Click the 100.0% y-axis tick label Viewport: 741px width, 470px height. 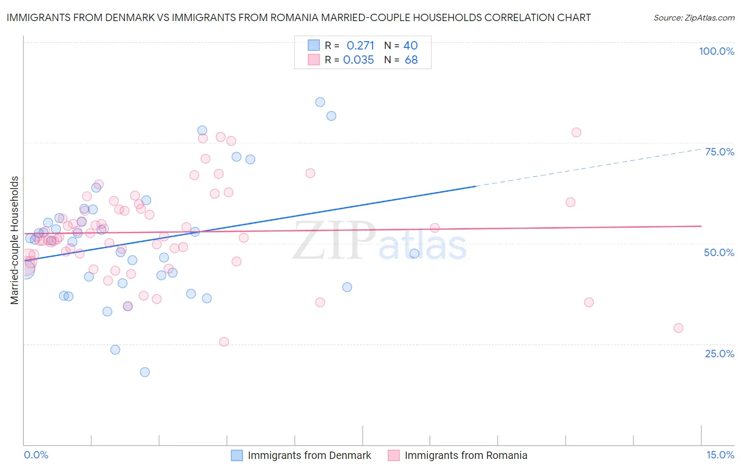716,51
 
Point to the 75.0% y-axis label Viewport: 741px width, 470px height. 719,152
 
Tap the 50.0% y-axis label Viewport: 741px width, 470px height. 719,252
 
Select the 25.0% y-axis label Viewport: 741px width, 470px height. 719,353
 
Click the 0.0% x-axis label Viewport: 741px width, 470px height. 36,455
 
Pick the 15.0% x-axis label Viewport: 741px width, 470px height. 720,455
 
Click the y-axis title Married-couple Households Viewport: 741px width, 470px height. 15,240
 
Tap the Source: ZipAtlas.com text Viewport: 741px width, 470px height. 694,17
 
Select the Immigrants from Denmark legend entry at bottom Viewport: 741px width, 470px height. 309,455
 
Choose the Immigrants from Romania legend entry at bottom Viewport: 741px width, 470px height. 465,455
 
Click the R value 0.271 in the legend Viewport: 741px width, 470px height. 360,45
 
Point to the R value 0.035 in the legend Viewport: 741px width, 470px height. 358,60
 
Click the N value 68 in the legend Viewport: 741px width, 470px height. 411,60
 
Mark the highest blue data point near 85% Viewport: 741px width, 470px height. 320,102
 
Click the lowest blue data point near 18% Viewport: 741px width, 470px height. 145,372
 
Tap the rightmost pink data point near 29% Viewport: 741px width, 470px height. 678,328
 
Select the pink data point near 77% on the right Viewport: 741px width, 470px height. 576,132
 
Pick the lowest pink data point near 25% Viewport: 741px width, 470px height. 224,342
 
